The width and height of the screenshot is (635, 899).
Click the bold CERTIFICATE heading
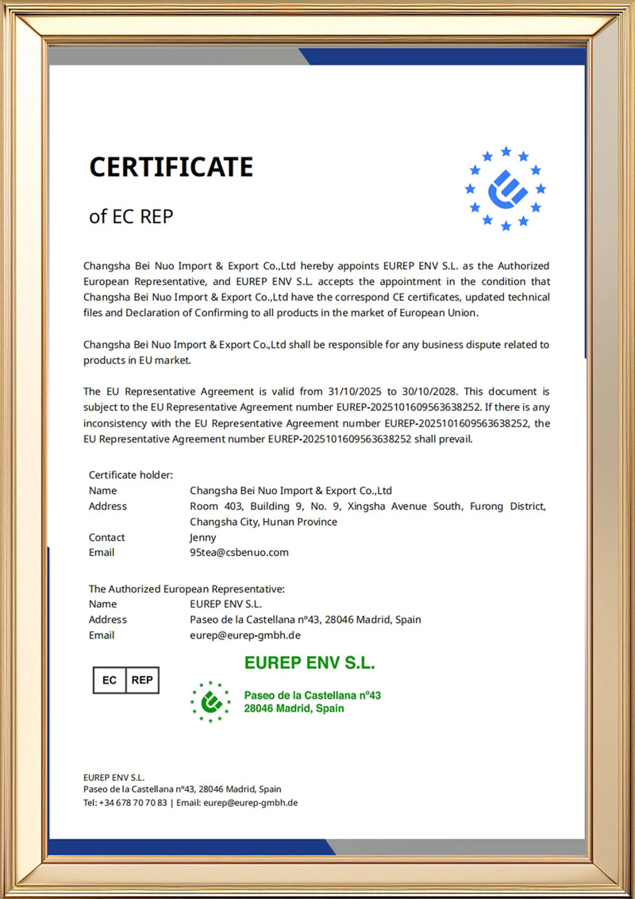[x=171, y=168]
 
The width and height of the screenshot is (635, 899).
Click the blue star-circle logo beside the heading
[x=506, y=189]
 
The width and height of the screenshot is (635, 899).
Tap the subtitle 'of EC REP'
[x=130, y=216]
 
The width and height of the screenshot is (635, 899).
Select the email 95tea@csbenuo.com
[x=239, y=553]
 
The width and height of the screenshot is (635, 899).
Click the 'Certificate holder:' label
[x=130, y=475]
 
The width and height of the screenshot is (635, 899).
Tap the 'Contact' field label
[x=106, y=538]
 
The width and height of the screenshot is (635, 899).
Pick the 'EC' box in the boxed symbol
[x=110, y=680]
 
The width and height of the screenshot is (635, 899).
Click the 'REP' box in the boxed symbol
[x=142, y=680]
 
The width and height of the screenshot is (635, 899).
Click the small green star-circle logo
[x=210, y=701]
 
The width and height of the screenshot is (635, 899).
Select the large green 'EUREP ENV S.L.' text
[x=310, y=663]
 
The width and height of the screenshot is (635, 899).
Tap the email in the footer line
[x=250, y=803]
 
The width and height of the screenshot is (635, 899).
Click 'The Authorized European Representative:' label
[x=187, y=589]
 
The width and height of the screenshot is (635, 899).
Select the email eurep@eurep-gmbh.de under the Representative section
[x=245, y=635]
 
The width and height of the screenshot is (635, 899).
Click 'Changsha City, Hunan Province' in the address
[x=264, y=522]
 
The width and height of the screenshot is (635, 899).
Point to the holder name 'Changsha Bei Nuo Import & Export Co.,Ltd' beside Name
[x=291, y=491]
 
